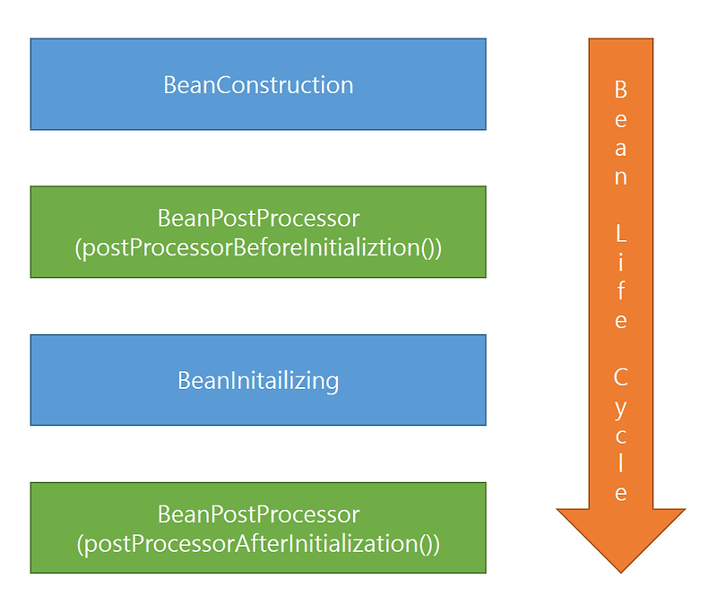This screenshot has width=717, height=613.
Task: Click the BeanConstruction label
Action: tap(258, 85)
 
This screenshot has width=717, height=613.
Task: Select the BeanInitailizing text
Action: tap(258, 380)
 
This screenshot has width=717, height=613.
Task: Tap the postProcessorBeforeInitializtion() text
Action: tap(258, 247)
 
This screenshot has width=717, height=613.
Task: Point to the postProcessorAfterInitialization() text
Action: tap(258, 543)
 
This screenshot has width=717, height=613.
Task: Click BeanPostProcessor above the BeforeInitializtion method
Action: tap(258, 219)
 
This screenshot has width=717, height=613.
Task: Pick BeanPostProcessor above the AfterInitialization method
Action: tap(258, 514)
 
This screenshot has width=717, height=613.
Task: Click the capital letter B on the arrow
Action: tap(620, 90)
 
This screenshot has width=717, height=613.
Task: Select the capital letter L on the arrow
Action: tap(620, 235)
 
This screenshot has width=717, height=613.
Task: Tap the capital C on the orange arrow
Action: tap(620, 376)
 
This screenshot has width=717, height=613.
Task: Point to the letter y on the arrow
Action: tap(620, 408)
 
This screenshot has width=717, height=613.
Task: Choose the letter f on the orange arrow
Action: tap(620, 291)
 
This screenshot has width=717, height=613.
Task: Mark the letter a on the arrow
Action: tap(620, 148)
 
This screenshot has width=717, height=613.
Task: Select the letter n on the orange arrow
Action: tap(620, 177)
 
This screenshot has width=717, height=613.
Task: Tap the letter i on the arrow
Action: tap(620, 263)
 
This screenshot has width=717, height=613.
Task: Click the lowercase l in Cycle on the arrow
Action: tap(620, 463)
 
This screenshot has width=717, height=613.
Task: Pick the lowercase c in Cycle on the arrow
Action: tap(620, 436)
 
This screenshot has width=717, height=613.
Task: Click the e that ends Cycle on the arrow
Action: tap(620, 493)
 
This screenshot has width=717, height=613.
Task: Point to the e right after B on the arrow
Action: tap(620, 119)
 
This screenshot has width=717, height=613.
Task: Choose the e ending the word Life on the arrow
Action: tap(620, 321)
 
